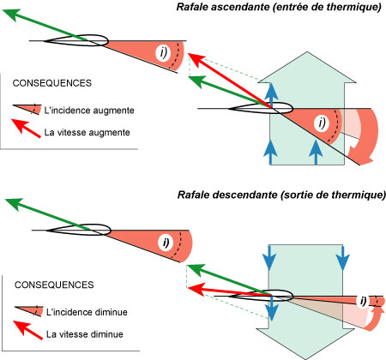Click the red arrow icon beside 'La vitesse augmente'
(x=26, y=131)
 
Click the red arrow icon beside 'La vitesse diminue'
(x=26, y=333)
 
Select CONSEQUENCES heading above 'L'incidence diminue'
(x=52, y=284)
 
